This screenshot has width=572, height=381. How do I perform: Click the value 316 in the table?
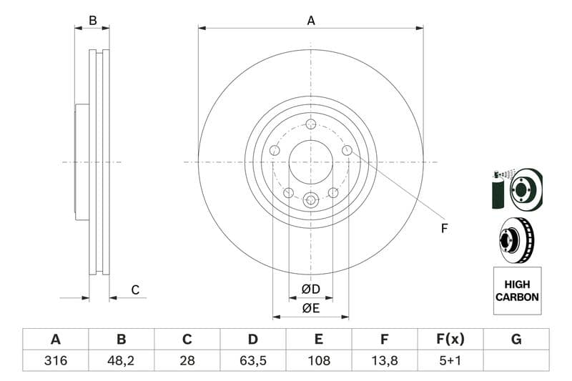pyautogui.click(x=55, y=361)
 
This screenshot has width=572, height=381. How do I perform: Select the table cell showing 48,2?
pyautogui.click(x=121, y=361)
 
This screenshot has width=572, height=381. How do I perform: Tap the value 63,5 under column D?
pyautogui.click(x=252, y=361)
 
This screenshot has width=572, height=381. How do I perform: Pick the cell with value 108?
pyautogui.click(x=318, y=361)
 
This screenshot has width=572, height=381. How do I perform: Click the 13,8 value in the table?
pyautogui.click(x=384, y=361)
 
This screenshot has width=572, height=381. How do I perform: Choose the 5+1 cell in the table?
pyautogui.click(x=450, y=361)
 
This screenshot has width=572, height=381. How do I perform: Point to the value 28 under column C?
pyautogui.click(x=187, y=361)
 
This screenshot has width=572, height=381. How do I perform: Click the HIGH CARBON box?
pyautogui.click(x=517, y=290)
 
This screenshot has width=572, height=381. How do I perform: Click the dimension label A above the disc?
pyautogui.click(x=311, y=21)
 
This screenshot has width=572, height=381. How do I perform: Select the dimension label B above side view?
pyautogui.click(x=92, y=21)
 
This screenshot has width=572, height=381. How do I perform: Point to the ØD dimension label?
pyautogui.click(x=310, y=290)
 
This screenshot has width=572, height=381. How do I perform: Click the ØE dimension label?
pyautogui.click(x=310, y=308)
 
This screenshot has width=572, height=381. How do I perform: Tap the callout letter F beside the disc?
pyautogui.click(x=444, y=229)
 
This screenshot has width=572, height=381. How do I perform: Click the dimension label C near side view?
pyautogui.click(x=135, y=290)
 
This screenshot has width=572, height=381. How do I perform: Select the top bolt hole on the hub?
pyautogui.click(x=310, y=124)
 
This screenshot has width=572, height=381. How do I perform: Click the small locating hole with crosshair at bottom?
pyautogui.click(x=310, y=200)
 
